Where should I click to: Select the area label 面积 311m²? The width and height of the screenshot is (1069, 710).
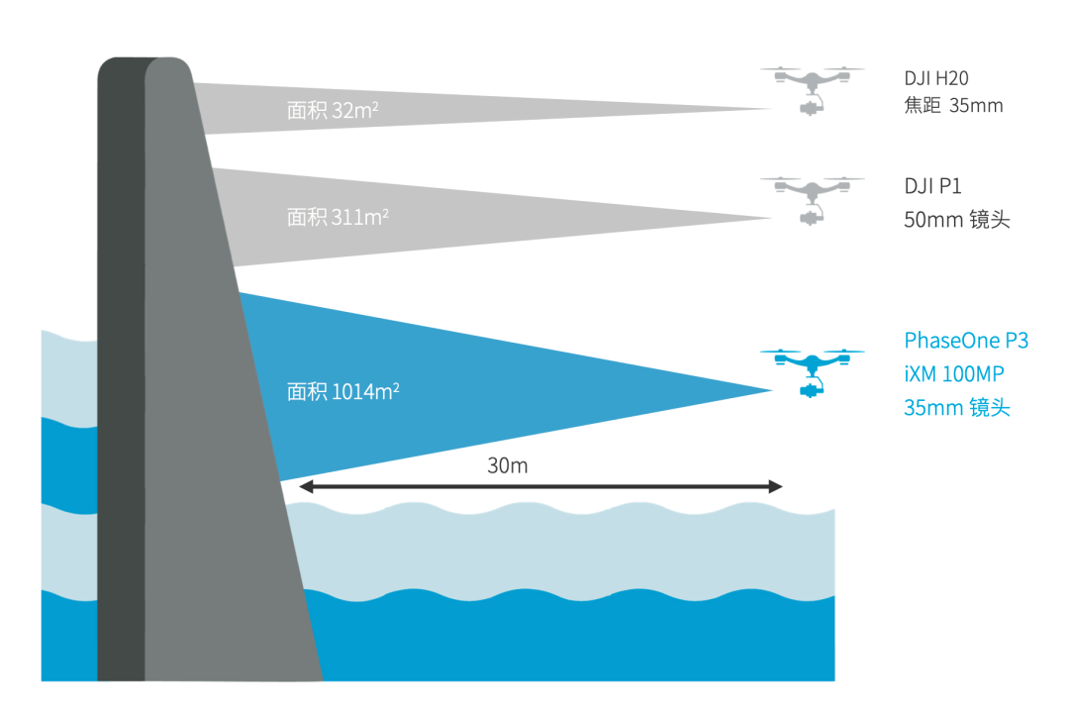click(338, 217)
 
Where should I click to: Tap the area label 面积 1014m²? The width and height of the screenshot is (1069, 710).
click(342, 391)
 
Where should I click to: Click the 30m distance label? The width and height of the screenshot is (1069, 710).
click(508, 465)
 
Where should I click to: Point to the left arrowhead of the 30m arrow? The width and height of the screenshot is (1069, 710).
click(306, 486)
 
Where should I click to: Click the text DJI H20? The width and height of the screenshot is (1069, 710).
click(935, 78)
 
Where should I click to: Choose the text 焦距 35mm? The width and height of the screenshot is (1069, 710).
click(953, 106)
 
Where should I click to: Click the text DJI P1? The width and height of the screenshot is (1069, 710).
click(932, 186)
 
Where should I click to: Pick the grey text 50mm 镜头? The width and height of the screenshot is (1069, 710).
click(956, 220)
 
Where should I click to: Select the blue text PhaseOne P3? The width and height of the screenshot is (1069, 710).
click(966, 342)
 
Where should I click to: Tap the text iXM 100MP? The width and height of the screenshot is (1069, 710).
click(958, 374)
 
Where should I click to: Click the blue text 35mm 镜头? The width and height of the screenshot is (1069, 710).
click(956, 407)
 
